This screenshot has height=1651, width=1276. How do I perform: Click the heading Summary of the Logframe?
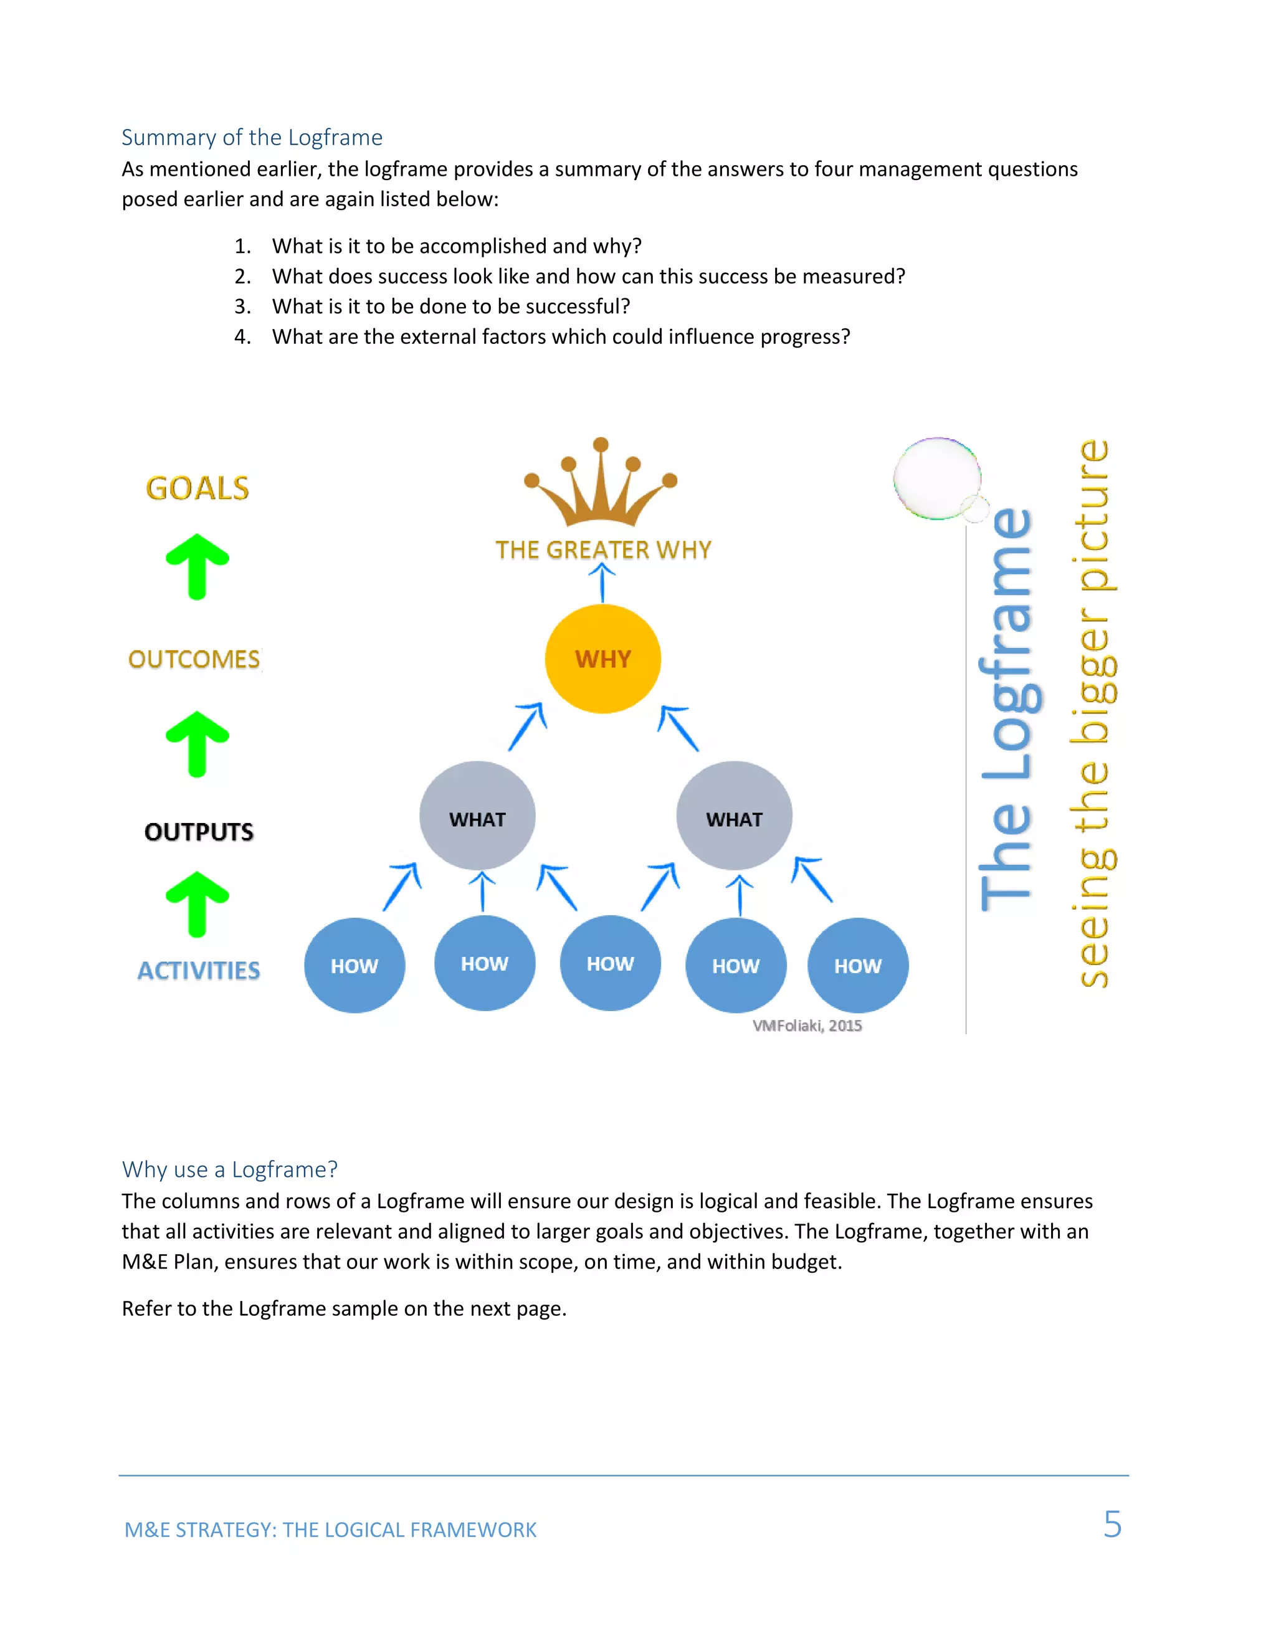tap(252, 137)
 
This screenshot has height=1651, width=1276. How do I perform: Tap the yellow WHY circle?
tap(602, 659)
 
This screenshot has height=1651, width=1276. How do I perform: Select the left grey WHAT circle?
tap(477, 816)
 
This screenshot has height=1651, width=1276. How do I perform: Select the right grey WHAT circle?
tap(734, 816)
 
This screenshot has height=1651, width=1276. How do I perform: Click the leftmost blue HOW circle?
tap(355, 965)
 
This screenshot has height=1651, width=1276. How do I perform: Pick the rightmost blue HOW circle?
tap(858, 965)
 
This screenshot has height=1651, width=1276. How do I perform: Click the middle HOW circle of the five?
tap(610, 963)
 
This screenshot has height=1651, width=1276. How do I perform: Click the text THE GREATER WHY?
tap(602, 550)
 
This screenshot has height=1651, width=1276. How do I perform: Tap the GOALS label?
tap(198, 488)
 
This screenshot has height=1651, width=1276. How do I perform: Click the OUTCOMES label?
tap(194, 659)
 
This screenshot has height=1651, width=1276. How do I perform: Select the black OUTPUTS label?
tap(199, 832)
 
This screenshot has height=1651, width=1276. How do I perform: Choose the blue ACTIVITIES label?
tap(199, 970)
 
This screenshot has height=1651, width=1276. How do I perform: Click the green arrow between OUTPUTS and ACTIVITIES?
tap(198, 904)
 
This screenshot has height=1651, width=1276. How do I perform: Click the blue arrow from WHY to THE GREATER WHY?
tap(602, 583)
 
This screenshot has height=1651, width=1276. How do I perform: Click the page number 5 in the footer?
tap(1112, 1524)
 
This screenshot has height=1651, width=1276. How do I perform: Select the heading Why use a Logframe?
tap(230, 1169)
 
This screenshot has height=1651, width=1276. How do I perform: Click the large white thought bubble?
tap(937, 478)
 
